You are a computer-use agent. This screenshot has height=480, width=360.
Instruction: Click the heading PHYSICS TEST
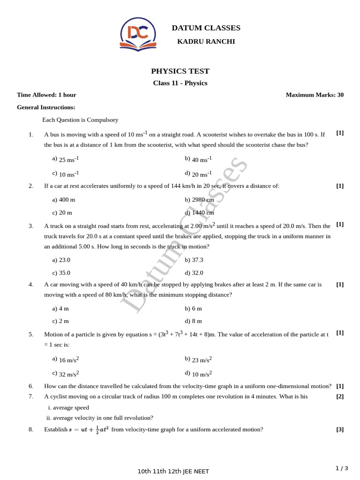(180, 71)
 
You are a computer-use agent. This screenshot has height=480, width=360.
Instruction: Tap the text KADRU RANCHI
(206, 42)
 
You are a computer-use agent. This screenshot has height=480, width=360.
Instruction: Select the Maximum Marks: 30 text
(315, 95)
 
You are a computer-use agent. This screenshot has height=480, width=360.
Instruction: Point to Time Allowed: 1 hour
(46, 95)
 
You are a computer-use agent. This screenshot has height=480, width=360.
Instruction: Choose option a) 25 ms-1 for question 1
(66, 159)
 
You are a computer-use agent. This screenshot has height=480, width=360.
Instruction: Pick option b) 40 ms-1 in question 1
(198, 159)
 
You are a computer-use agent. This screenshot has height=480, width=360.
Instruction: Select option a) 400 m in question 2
(64, 200)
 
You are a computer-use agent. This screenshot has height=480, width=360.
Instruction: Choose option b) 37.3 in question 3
(194, 260)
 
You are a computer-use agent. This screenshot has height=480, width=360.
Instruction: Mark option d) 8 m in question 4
(193, 321)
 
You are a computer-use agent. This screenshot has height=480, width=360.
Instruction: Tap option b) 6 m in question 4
(193, 308)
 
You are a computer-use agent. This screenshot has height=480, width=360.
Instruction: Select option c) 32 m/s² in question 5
(66, 374)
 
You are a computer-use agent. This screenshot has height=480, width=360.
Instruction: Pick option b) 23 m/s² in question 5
(198, 360)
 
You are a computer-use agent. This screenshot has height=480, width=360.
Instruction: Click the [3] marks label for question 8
(340, 429)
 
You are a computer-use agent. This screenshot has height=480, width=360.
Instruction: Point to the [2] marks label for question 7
(340, 397)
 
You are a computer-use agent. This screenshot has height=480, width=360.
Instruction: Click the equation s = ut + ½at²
(89, 429)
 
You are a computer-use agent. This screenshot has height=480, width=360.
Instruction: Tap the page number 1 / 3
(342, 468)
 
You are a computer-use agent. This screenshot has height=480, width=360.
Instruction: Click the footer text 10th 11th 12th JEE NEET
(173, 472)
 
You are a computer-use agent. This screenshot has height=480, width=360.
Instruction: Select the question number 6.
(31, 386)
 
